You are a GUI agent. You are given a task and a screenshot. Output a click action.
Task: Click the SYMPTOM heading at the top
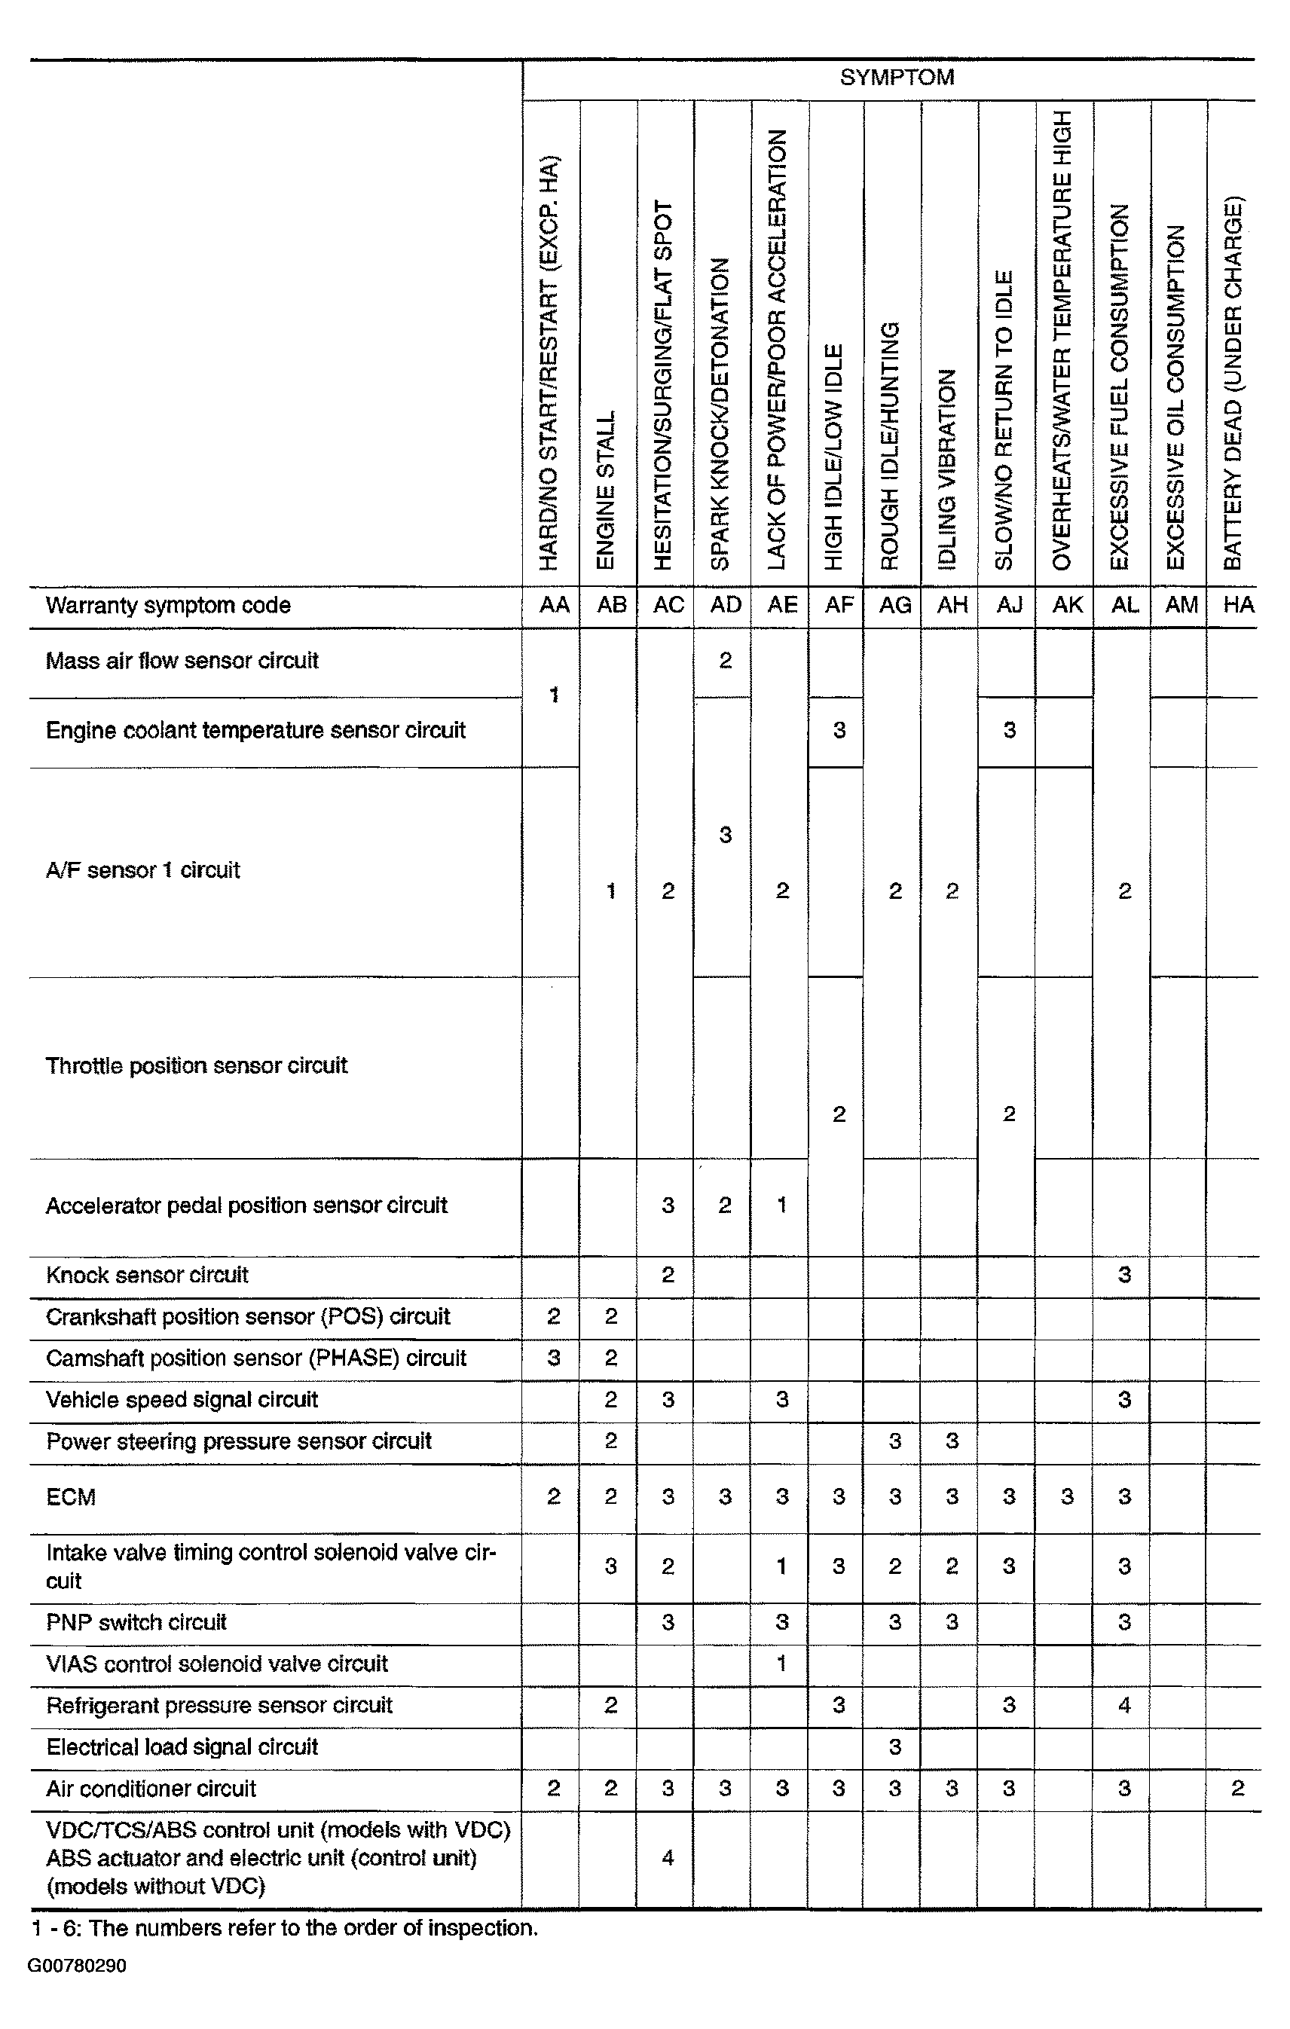(897, 78)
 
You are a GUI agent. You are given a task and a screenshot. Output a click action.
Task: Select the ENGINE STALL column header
(607, 490)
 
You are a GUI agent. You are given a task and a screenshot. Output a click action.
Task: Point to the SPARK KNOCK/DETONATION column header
(720, 414)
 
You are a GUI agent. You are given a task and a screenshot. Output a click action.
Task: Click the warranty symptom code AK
(1067, 605)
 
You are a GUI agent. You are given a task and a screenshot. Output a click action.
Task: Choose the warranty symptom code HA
(1238, 605)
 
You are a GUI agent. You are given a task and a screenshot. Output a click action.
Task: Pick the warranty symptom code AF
(839, 605)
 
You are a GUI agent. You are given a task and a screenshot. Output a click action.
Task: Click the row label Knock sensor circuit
(148, 1275)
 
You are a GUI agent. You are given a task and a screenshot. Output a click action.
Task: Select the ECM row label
(72, 1497)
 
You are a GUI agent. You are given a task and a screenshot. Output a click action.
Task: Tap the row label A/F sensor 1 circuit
(143, 870)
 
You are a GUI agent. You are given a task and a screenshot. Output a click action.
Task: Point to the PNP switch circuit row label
(136, 1622)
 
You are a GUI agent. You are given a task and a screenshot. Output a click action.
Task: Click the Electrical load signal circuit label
(182, 1746)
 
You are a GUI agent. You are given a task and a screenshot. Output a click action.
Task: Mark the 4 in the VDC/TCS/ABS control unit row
(668, 1857)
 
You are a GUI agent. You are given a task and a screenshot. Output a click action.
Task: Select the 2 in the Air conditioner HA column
(1237, 1788)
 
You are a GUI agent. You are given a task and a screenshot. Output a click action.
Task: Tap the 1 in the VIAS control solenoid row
(782, 1664)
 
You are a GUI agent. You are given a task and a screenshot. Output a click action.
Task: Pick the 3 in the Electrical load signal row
(895, 1746)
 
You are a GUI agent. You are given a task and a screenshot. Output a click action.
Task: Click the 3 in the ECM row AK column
(1067, 1497)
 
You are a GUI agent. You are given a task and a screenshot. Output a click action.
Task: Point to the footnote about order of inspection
(284, 1929)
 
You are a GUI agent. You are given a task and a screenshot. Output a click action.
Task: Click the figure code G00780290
(77, 1966)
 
